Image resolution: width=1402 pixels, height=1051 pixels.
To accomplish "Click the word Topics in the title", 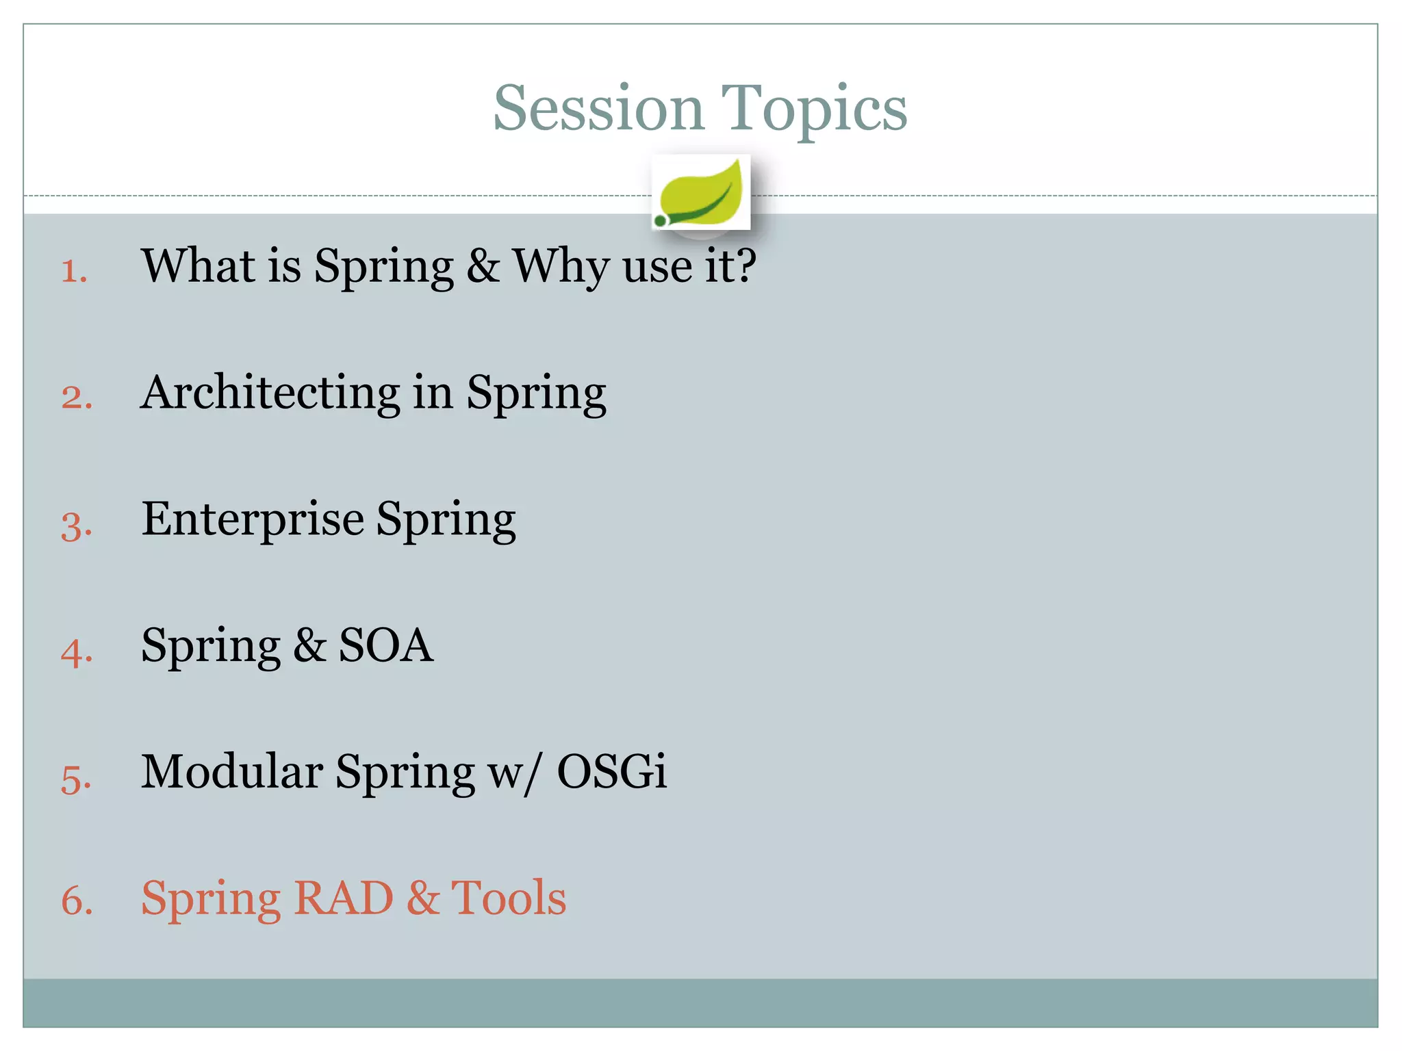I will pyautogui.click(x=814, y=109).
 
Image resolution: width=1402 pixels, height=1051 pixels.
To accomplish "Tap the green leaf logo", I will pyautogui.click(x=700, y=193).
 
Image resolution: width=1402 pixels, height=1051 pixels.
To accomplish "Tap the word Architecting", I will pyautogui.click(x=270, y=393).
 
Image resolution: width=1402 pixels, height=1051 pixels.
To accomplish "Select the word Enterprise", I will pyautogui.click(x=253, y=520).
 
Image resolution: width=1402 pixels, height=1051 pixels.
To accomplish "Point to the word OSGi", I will pyautogui.click(x=611, y=771).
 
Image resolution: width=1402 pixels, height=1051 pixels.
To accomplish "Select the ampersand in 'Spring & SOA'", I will pyautogui.click(x=309, y=646).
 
